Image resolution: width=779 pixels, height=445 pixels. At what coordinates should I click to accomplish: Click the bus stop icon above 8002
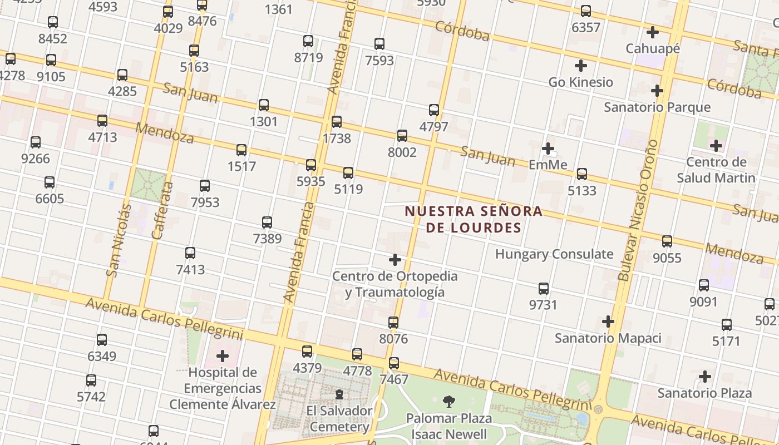click(x=402, y=136)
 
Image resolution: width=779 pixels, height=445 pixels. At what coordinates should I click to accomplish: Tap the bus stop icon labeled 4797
click(x=434, y=110)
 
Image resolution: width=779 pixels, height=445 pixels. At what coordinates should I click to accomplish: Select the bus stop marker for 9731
click(x=544, y=289)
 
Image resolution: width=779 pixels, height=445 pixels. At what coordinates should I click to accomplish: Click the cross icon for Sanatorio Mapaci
click(x=608, y=322)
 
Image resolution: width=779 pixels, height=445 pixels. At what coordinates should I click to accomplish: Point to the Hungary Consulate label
click(x=554, y=254)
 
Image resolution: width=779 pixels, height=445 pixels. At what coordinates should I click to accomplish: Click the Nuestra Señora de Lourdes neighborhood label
click(x=474, y=219)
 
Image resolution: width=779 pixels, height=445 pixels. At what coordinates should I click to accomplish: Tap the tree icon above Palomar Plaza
click(x=448, y=402)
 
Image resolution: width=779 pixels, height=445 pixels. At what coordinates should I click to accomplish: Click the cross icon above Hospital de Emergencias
click(x=223, y=356)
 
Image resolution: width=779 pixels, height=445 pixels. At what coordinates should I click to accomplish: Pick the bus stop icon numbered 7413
click(x=190, y=253)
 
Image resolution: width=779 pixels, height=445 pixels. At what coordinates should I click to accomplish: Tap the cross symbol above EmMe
click(x=548, y=149)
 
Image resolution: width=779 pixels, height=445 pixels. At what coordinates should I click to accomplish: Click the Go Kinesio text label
click(x=580, y=82)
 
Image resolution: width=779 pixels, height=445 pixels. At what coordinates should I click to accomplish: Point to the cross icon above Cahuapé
click(x=653, y=32)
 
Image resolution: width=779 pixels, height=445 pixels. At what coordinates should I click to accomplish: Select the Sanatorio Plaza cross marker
click(x=705, y=377)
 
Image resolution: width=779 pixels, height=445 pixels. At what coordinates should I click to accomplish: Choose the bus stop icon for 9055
click(x=667, y=241)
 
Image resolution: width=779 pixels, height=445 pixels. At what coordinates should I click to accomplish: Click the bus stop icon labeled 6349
click(x=102, y=339)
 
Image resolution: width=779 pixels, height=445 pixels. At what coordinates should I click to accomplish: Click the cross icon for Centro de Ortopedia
click(x=395, y=259)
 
